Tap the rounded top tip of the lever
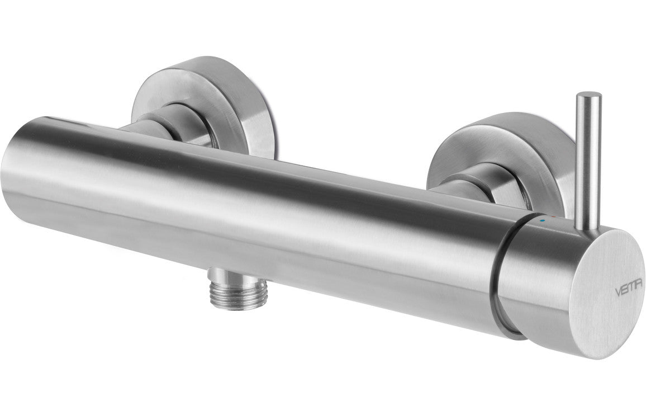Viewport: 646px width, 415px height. tap(590, 96)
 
